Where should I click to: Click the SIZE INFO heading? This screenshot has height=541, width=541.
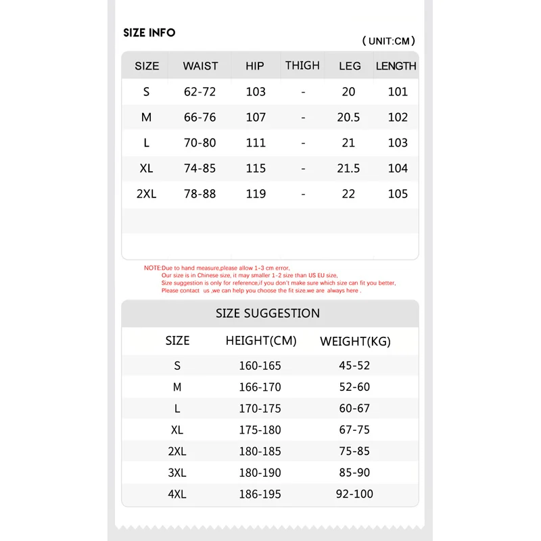coord(149,32)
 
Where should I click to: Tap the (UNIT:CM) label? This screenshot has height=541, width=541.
coord(389,41)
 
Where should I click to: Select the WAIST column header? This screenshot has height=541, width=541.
coord(200,66)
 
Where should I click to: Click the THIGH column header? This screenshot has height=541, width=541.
coord(302,66)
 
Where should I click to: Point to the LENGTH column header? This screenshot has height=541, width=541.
coord(396,66)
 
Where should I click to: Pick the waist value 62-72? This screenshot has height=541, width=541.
coord(200,92)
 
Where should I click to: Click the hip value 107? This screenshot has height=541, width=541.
coord(256,117)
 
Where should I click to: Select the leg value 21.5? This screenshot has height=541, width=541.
coord(348,168)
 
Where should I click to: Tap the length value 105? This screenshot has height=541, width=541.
coord(398,194)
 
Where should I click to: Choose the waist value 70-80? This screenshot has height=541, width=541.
coord(200,143)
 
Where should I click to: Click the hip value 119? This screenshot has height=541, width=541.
coord(256,194)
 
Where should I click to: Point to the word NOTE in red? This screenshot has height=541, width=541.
coord(152,268)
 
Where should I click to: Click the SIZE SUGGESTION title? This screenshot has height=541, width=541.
coord(268,313)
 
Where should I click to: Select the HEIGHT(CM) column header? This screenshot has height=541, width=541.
coord(261,341)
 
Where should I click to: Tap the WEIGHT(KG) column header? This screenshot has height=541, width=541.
coord(355,342)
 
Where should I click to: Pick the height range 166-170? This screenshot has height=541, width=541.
coord(260,387)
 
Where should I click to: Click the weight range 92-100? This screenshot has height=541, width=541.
coord(354,494)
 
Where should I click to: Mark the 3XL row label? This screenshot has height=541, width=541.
coord(177,473)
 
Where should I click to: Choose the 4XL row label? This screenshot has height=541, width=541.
coord(177,494)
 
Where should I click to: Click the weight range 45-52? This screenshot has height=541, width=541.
coord(354,366)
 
